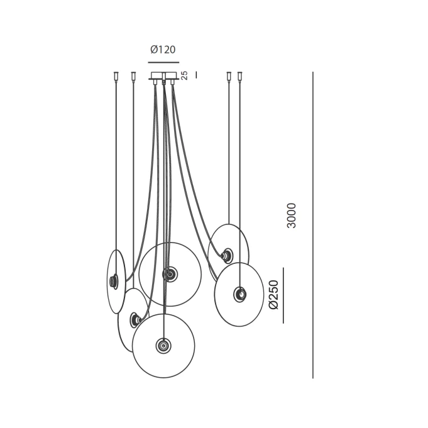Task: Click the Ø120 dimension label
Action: [163, 50]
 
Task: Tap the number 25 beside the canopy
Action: [185, 75]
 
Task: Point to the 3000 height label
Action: [292, 216]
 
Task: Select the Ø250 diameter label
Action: [273, 295]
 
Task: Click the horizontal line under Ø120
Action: [163, 62]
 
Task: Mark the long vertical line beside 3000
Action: [313, 225]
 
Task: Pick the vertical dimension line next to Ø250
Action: [283, 295]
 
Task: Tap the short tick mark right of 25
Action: [197, 75]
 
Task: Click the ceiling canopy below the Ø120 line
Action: [164, 76]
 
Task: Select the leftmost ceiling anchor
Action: [116, 76]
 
